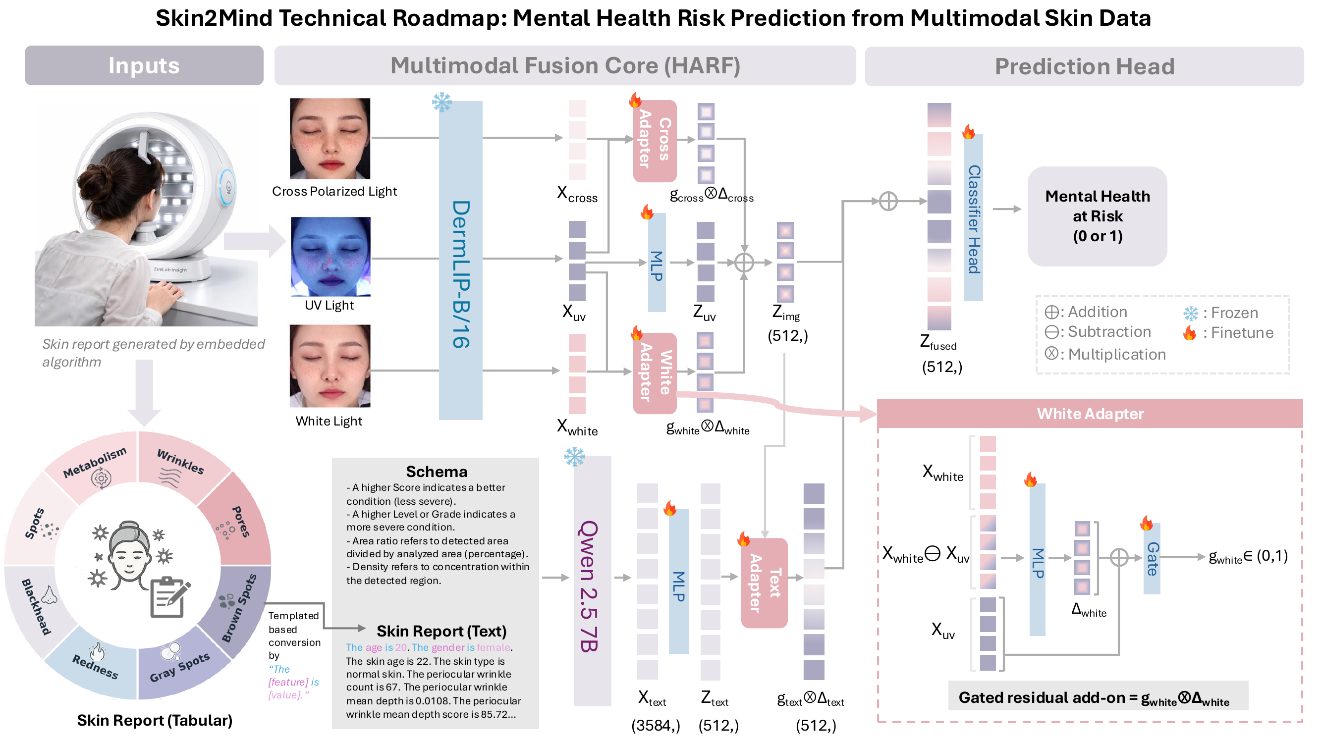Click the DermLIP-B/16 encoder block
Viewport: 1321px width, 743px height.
click(460, 260)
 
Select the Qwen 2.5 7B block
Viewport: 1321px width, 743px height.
click(592, 581)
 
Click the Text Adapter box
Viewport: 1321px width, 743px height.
click(764, 583)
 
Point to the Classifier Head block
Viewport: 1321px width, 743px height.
click(973, 217)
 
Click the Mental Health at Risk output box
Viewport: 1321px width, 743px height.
click(1097, 216)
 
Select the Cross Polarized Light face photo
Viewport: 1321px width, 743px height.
click(330, 139)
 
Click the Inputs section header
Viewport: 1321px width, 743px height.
click(144, 66)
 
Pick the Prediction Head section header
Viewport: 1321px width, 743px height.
click(1084, 66)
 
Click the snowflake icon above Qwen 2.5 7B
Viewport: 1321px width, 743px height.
click(574, 456)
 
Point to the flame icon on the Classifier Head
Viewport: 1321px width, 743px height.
click(968, 132)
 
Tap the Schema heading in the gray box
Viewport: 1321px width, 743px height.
click(437, 471)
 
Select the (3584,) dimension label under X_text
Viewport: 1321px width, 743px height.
click(656, 725)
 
